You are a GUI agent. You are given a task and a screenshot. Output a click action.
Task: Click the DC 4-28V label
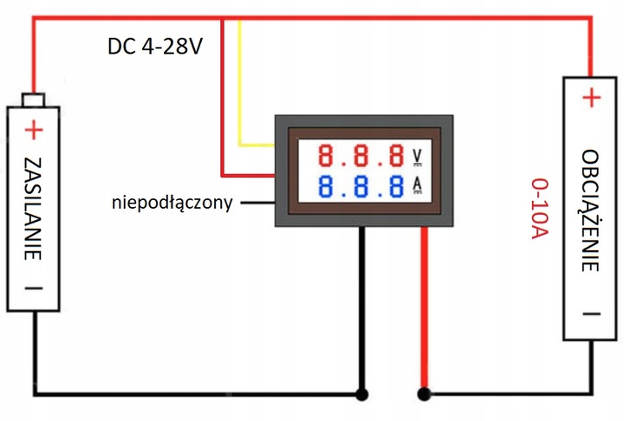click(155, 46)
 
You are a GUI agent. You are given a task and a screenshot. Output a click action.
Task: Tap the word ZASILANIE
click(33, 208)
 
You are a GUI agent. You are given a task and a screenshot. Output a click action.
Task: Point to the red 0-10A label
click(538, 214)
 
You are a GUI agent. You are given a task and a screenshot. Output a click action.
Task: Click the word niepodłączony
click(172, 204)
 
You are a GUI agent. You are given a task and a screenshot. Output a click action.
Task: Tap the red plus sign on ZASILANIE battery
click(33, 131)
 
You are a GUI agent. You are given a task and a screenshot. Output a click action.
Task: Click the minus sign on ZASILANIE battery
click(33, 289)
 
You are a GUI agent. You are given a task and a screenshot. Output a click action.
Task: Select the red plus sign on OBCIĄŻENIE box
click(590, 98)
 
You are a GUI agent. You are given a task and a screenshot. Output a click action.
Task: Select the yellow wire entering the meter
click(240, 87)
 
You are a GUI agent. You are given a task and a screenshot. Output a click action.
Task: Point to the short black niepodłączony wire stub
click(256, 204)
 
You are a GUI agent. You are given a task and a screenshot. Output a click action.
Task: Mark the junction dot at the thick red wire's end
click(424, 394)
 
